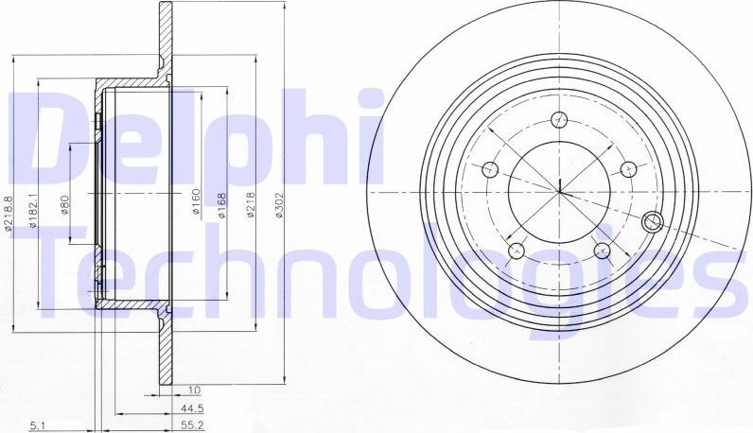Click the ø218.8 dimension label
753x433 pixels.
click(x=8, y=214)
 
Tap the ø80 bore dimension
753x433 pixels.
click(x=65, y=206)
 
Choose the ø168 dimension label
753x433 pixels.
click(x=220, y=205)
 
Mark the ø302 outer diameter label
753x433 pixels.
click(x=279, y=205)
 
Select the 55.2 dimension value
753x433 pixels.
click(x=193, y=427)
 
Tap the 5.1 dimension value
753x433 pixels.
click(x=35, y=427)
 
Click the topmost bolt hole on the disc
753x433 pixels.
click(x=559, y=119)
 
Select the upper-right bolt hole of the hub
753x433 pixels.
click(x=627, y=168)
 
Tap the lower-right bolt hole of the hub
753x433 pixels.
click(x=602, y=250)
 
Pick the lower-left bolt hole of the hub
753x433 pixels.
click(x=517, y=251)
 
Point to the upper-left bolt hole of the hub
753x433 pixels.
click(x=490, y=170)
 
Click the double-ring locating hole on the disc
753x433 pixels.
click(x=652, y=221)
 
